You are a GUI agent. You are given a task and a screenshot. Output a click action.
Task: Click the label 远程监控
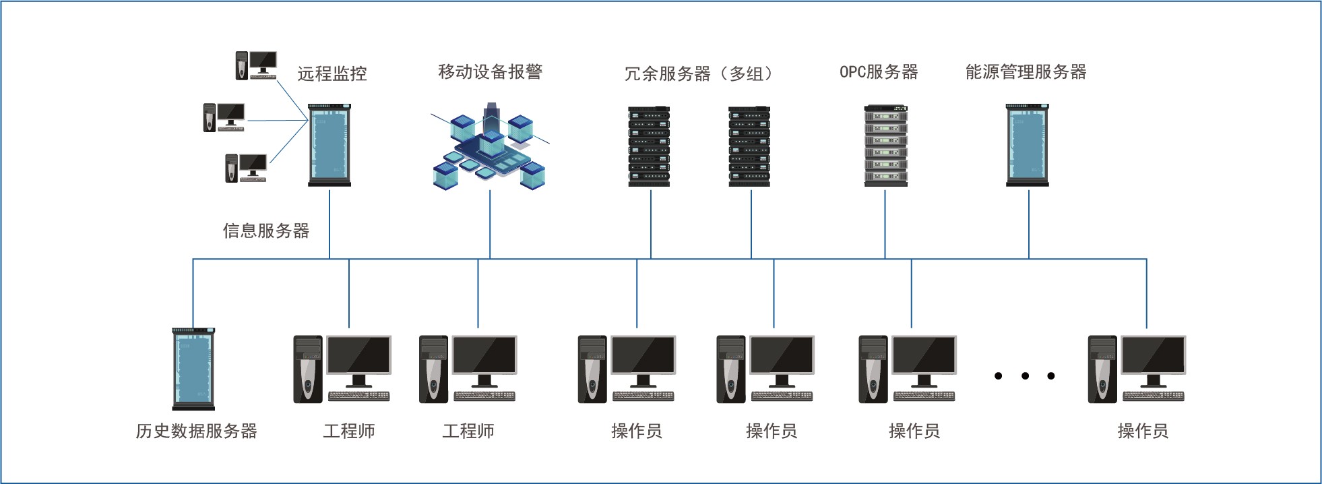[332, 73]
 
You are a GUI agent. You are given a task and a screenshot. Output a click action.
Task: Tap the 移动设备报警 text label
[490, 72]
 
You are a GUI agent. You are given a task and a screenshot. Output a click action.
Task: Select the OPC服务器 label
[879, 72]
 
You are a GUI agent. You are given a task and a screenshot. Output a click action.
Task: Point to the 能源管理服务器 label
[1026, 72]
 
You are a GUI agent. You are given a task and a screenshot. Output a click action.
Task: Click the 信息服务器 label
[266, 231]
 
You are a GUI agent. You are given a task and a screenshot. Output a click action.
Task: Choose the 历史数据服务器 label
[196, 431]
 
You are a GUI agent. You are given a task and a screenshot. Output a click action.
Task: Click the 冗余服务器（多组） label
[699, 73]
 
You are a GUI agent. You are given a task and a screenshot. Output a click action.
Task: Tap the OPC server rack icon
[885, 146]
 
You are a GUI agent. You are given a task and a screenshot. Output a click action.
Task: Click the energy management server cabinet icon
[1027, 145]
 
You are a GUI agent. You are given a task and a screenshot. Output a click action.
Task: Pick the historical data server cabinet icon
[193, 369]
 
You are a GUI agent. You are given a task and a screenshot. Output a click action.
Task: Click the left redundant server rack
[649, 146]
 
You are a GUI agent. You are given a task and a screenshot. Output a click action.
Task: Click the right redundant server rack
[749, 146]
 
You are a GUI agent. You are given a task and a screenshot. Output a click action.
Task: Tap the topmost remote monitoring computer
[256, 65]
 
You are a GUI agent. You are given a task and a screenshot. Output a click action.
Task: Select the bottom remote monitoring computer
[246, 168]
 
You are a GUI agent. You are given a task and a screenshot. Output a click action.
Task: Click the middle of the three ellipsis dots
[1025, 376]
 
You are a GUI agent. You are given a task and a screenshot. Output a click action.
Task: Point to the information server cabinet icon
[329, 145]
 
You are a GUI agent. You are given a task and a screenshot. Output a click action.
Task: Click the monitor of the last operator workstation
[1153, 357]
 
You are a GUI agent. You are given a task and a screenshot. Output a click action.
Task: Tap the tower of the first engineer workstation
[308, 369]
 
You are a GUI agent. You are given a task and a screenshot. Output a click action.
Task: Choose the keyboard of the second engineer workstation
[484, 396]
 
